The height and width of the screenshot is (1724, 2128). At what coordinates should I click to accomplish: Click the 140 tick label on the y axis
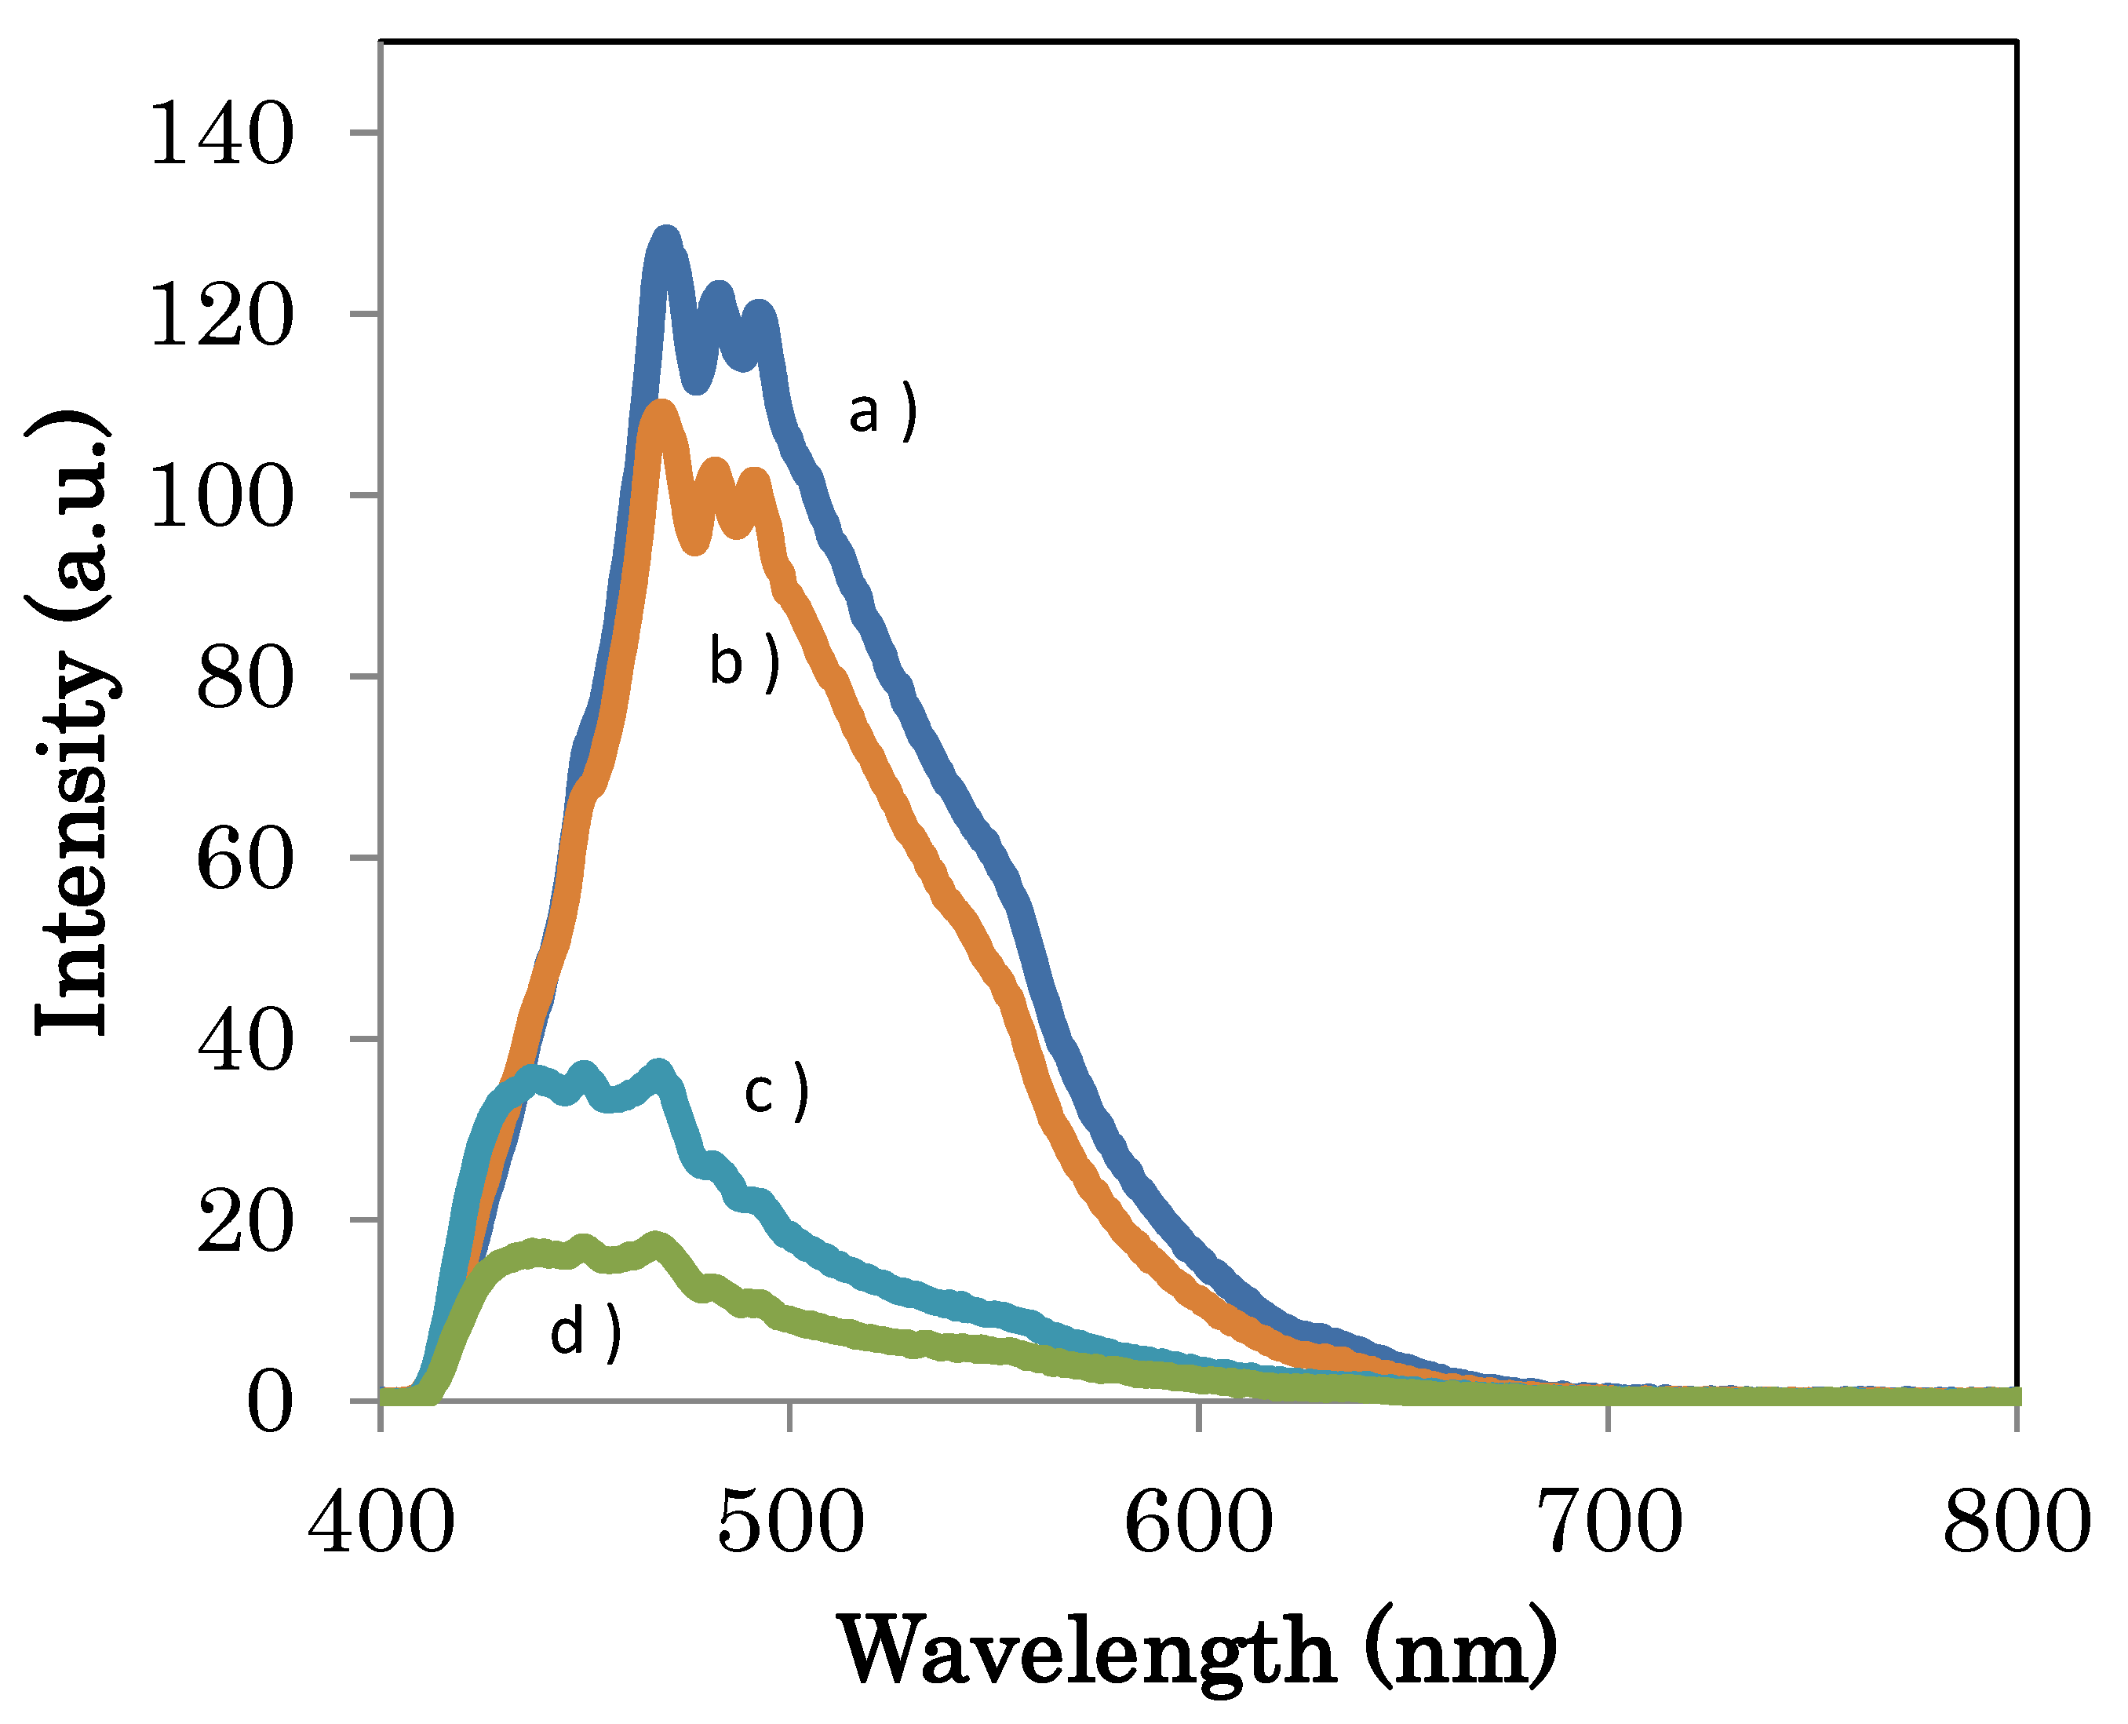pos(221,136)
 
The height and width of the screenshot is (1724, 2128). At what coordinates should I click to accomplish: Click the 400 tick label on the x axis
pos(381,1522)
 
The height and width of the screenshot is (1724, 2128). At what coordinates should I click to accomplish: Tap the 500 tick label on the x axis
pos(790,1522)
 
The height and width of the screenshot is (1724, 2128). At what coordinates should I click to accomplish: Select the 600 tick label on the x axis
pos(1198,1522)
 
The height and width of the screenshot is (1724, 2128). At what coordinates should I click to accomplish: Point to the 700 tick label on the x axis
pos(1609,1522)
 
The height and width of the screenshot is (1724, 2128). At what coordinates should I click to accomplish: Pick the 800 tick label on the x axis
pos(2017,1522)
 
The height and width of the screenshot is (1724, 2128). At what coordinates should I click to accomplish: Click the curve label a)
pos(882,412)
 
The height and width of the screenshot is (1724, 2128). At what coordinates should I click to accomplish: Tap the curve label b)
pos(744,662)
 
